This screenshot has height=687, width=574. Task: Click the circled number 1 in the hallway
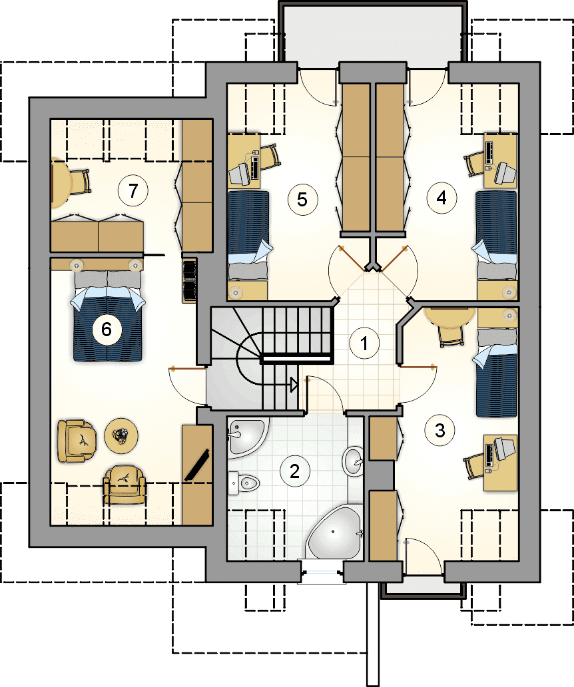364,343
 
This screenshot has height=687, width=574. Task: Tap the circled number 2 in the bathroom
295,471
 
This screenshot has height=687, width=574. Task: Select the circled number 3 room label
440,430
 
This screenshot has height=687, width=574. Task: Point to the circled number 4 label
441,198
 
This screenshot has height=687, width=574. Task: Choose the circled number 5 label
303,200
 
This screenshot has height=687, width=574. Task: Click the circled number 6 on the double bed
107,329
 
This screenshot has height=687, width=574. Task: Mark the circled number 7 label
133,190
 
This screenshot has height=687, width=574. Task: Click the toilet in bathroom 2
244,483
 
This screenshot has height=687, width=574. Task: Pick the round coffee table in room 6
121,435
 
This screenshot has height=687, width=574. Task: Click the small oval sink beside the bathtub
353,461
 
